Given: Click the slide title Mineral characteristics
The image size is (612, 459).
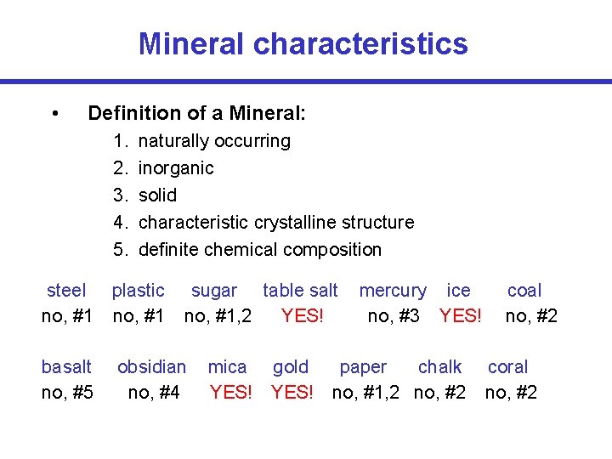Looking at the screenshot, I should coord(303,43).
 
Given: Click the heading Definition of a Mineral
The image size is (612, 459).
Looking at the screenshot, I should coord(196,113).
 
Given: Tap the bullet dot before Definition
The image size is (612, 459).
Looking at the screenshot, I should coord(54,113).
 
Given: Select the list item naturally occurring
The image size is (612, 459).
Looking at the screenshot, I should coord(213,140).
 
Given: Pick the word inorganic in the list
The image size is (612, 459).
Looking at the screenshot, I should coord(176,167).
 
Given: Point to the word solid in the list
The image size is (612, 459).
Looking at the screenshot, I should coord(157,195).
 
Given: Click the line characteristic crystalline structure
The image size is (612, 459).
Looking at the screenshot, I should coord(275,222).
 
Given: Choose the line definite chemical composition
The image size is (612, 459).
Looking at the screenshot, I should coord(259,249).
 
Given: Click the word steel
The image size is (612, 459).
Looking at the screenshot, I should coord(66,291).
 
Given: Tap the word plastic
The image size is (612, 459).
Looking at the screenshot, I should coord(139,291).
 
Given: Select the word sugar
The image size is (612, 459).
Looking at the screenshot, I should coord(214,291).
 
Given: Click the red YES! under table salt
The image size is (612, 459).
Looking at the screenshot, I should coord(302,316).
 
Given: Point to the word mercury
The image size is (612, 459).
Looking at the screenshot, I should coord(393,291).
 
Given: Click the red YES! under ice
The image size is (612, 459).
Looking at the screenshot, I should coord(460,316).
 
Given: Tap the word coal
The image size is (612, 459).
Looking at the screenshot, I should coord(524,291).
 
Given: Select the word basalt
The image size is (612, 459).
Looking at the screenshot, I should coord(66,367).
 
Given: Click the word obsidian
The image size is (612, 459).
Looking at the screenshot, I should coord(151,367).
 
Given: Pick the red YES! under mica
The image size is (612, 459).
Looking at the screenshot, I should coord(230,393).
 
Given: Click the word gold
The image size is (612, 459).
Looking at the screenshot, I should coord(291,367).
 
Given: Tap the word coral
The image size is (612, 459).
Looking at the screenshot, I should coord(507,367).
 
